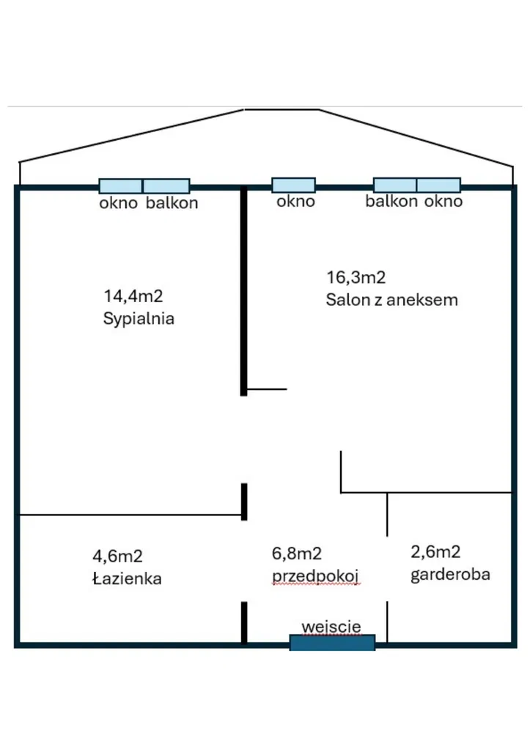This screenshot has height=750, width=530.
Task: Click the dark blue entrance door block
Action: tap(333, 642)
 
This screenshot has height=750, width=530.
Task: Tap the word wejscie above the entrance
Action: tap(331, 627)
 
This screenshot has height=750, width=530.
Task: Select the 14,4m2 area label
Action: tap(133, 296)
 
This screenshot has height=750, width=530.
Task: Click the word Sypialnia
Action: tap(139, 319)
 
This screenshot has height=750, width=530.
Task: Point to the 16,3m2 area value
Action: tap(356, 277)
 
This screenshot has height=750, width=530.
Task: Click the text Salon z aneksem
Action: tap(391, 300)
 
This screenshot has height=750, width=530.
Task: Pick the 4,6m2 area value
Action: tap(118, 556)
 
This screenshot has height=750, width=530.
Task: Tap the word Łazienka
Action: tap(127, 578)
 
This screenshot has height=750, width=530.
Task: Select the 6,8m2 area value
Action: tap(297, 554)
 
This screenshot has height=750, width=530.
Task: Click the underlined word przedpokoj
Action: tap(315, 576)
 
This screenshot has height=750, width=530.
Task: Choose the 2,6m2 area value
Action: tap(435, 552)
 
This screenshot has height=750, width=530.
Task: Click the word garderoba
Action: tap(450, 575)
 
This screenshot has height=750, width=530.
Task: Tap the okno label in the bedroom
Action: tap(119, 203)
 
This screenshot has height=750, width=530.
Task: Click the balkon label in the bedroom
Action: tap(172, 203)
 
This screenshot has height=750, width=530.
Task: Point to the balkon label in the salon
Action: tap(391, 202)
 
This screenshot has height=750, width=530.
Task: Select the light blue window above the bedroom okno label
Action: tap(120, 186)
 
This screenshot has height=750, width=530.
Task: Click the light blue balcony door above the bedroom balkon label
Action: tap(166, 186)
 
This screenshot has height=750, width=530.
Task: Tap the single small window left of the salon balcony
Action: tap(294, 185)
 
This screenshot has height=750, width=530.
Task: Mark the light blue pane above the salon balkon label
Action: tap(395, 185)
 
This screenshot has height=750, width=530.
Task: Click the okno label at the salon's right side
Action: tap(443, 202)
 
